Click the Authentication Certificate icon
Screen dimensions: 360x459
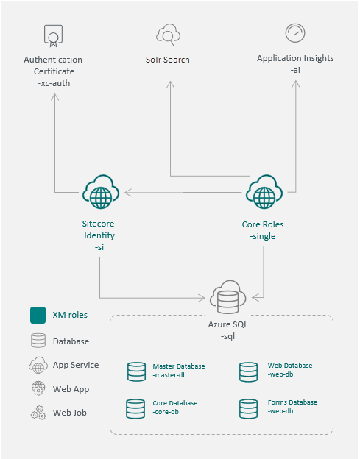coord(53,36)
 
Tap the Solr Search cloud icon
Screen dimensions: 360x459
coord(168,35)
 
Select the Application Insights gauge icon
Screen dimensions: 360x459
coord(295,33)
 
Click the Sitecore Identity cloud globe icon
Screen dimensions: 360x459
coord(101,192)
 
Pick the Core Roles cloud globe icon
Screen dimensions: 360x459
coord(264,192)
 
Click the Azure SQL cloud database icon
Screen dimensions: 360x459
coord(228,297)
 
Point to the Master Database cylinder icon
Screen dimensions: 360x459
coord(136,371)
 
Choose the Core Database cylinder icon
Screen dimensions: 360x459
coord(135,409)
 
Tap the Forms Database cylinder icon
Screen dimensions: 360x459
coord(248,409)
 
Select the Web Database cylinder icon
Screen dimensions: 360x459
coord(248,371)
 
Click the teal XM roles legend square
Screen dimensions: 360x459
coord(38,315)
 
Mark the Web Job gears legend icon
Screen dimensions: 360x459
coord(38,413)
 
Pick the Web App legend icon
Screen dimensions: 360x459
coord(38,388)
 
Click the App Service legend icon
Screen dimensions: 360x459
coord(38,365)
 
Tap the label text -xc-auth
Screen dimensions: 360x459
coord(54,83)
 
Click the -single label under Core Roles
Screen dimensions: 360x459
coord(263,236)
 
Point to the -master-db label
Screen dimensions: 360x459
coord(169,375)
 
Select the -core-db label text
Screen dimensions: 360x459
coord(166,412)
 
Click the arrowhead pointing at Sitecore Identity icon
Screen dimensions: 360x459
coord(128,192)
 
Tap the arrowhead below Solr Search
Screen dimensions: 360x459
coord(170,85)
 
